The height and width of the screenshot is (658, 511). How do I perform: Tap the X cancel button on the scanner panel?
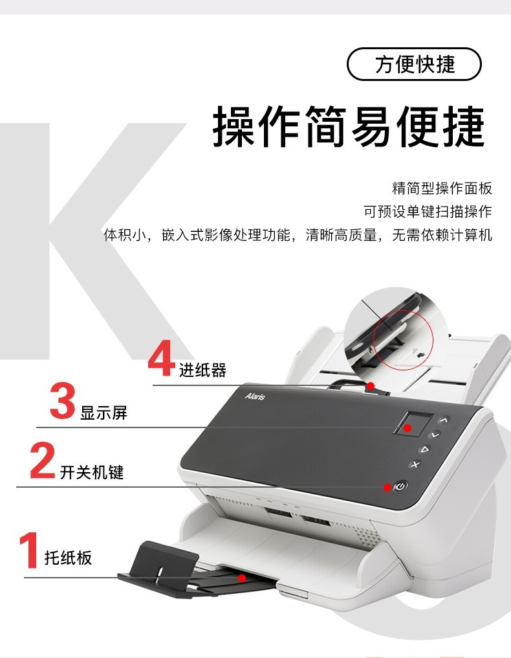click(x=415, y=464)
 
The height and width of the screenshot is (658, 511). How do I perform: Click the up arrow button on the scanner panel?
click(x=444, y=420)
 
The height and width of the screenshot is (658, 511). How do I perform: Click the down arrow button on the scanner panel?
click(x=435, y=435)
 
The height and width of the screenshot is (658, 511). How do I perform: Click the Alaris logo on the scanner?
click(x=255, y=396)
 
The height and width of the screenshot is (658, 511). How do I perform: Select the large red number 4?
click(x=162, y=358)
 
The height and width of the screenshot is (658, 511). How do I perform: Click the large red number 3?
click(x=63, y=400)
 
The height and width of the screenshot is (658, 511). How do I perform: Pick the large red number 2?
click(x=43, y=460)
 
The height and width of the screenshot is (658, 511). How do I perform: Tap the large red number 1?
click(x=29, y=550)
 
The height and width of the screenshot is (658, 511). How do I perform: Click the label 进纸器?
click(x=202, y=370)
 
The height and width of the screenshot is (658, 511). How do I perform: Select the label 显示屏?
click(x=103, y=413)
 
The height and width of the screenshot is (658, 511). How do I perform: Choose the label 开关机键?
click(x=92, y=472)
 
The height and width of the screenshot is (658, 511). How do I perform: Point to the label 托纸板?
click(x=68, y=558)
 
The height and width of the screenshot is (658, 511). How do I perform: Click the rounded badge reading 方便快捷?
click(x=414, y=64)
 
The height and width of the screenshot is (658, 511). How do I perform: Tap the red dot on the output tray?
click(x=242, y=578)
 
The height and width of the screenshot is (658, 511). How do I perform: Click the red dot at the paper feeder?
click(x=371, y=385)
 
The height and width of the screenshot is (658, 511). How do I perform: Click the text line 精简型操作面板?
click(x=442, y=188)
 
